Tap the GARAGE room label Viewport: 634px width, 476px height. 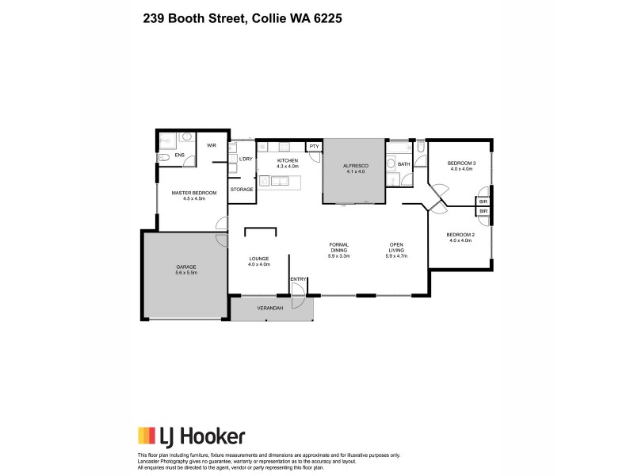[x=185, y=267]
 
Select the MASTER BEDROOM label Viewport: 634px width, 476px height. [x=193, y=193]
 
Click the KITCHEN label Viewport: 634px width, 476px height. [x=287, y=160]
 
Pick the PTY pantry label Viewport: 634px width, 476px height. [x=314, y=146]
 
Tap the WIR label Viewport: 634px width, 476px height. [x=212, y=145]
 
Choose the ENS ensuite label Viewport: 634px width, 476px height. [x=180, y=155]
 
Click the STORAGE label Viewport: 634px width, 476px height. [x=242, y=190]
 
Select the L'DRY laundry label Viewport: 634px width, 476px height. [x=245, y=159]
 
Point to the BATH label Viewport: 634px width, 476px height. [x=404, y=164]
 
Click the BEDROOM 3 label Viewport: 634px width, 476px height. [x=462, y=163]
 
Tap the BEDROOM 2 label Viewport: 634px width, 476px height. [x=460, y=235]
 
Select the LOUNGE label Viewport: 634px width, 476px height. [x=259, y=259]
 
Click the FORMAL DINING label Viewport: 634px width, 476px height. [x=340, y=247]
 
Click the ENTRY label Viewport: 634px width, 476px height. [x=298, y=279]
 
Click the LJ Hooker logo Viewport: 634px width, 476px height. [x=191, y=436]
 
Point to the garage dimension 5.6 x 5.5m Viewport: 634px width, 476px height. [x=185, y=273]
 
